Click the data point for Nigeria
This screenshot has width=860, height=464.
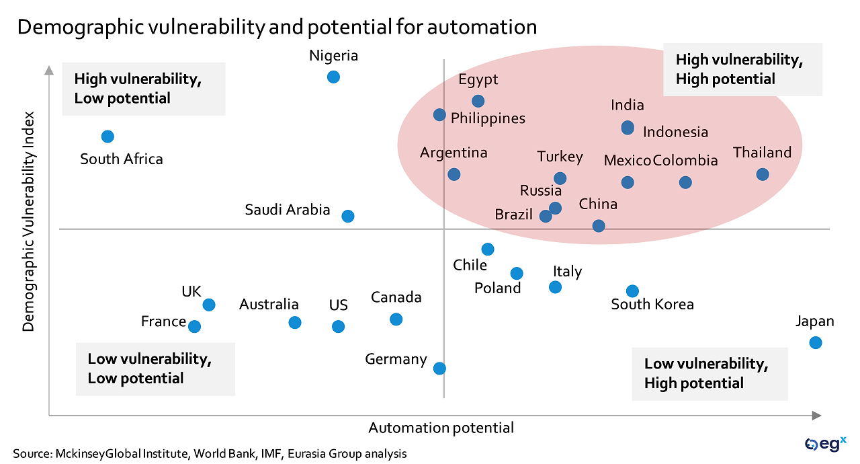(x=333, y=77)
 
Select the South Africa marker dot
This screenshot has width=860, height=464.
(x=107, y=137)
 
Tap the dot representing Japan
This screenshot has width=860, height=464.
(x=816, y=342)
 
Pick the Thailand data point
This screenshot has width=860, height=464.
(x=763, y=174)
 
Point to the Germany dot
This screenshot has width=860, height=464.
(x=439, y=368)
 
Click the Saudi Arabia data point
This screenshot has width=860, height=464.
(x=348, y=216)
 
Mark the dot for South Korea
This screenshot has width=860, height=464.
(x=632, y=291)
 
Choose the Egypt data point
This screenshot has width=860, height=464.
(x=478, y=101)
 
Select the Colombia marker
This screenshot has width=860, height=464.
(x=685, y=182)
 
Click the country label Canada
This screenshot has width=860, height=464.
(x=396, y=297)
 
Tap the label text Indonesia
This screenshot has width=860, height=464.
(x=675, y=132)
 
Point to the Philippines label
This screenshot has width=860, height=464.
(x=488, y=118)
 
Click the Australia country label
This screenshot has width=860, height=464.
(x=269, y=305)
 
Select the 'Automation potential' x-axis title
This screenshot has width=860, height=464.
(x=441, y=428)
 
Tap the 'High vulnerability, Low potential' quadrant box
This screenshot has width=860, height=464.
(x=143, y=89)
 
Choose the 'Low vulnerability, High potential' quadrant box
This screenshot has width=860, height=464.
(x=709, y=374)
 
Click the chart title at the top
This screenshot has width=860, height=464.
(x=277, y=27)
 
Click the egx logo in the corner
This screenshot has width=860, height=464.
(x=825, y=443)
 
